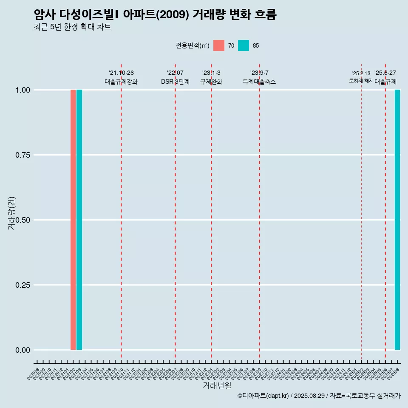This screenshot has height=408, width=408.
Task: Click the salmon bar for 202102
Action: [73, 220]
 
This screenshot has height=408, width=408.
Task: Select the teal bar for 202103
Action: [79, 220]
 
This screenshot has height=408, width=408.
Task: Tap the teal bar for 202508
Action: [397, 220]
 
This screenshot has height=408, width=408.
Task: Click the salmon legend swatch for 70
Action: [219, 45]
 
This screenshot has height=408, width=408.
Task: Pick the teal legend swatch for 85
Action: [244, 45]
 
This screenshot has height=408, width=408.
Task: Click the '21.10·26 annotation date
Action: [121, 73]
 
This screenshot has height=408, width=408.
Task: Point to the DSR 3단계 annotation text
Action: [175, 82]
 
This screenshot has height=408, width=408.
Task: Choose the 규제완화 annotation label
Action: [211, 82]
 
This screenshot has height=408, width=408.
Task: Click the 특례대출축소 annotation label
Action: [259, 82]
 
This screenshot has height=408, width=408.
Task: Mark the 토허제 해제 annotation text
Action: [361, 80]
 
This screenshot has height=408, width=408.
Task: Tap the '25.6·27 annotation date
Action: [385, 73]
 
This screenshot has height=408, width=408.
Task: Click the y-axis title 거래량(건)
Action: [12, 213]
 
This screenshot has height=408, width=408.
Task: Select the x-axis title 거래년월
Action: [217, 385]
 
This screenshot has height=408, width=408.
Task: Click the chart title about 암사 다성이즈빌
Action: [155, 15]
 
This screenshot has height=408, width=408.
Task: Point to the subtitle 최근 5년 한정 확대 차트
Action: [72, 27]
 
